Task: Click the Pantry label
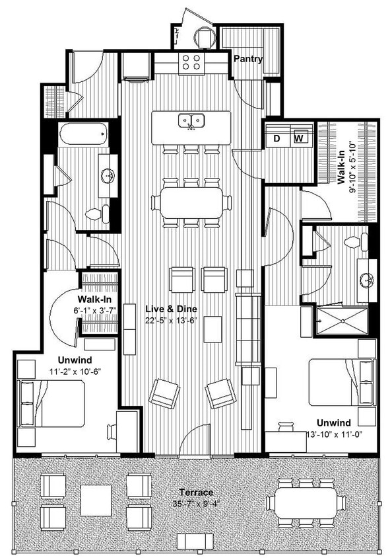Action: pos(247,59)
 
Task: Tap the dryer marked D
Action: pos(278,138)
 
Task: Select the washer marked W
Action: pos(298,138)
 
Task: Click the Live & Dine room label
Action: pos(172,309)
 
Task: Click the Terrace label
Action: pos(196,493)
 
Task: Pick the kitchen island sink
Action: pos(191,121)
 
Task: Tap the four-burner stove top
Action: pos(191,62)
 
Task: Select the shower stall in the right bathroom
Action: pos(341,321)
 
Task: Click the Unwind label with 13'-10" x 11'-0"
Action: pos(333,422)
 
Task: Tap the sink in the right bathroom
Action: pos(367,278)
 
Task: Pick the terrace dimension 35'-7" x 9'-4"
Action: pos(196,504)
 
